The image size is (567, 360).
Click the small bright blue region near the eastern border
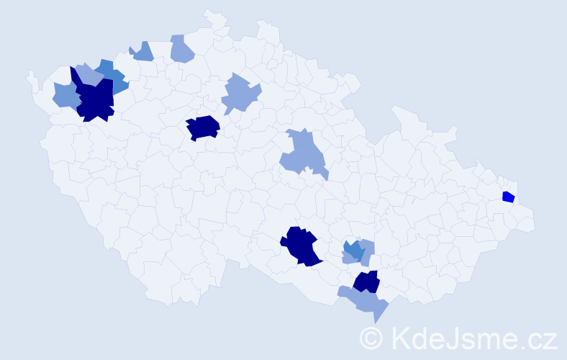coord(508,197)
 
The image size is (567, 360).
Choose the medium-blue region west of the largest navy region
coord(65,96)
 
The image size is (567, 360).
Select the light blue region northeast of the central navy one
coord(241,94)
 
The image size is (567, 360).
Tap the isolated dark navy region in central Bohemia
coord(203,127)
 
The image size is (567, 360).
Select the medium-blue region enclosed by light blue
coord(353,250)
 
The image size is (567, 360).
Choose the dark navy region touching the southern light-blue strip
coord(366,282)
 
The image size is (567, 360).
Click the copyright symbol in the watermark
coord(371,337)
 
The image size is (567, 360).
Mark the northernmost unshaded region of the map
coord(214,18)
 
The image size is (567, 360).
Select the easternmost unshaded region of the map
coord(525,222)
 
